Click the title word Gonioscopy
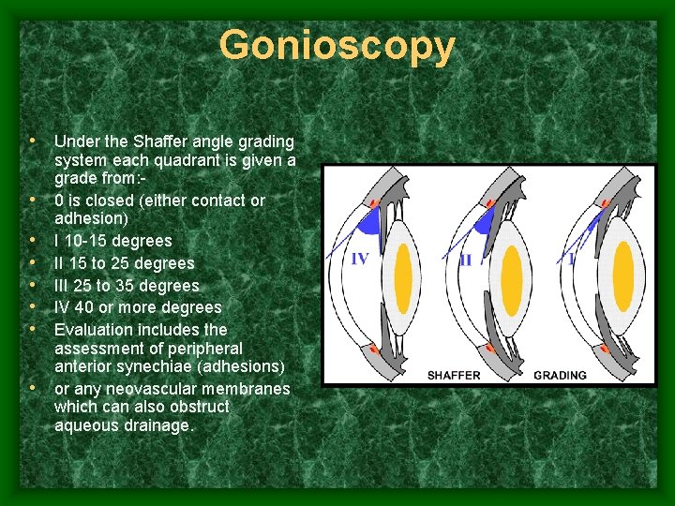[x=337, y=45]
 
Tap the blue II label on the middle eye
[x=466, y=259]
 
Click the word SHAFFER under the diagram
[x=454, y=375]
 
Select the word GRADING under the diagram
[x=560, y=375]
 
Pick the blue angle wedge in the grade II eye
[x=484, y=224]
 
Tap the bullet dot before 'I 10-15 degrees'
[x=34, y=241]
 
